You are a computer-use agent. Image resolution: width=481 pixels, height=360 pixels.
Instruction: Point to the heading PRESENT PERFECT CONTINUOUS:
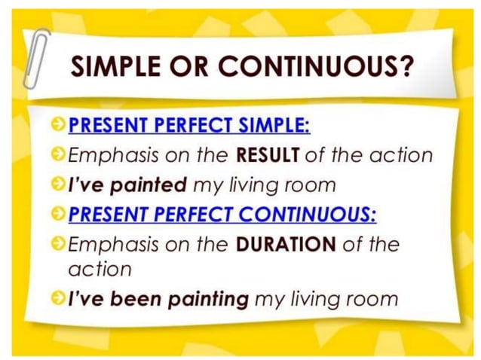point(222,215)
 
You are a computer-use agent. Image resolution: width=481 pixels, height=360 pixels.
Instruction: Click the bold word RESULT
point(268,156)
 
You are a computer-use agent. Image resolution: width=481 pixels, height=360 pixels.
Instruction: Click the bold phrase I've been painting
point(158,299)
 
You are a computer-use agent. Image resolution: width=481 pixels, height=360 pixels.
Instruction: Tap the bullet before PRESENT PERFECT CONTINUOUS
point(59,215)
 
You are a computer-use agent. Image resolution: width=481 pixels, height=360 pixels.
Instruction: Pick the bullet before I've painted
point(59,185)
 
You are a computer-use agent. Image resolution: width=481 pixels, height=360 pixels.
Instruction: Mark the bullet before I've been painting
point(59,299)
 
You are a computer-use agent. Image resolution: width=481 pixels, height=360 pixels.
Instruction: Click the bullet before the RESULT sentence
point(59,156)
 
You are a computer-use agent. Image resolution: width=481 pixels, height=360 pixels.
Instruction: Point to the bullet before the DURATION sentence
point(59,246)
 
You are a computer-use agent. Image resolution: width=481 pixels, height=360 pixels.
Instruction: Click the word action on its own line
point(100,269)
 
